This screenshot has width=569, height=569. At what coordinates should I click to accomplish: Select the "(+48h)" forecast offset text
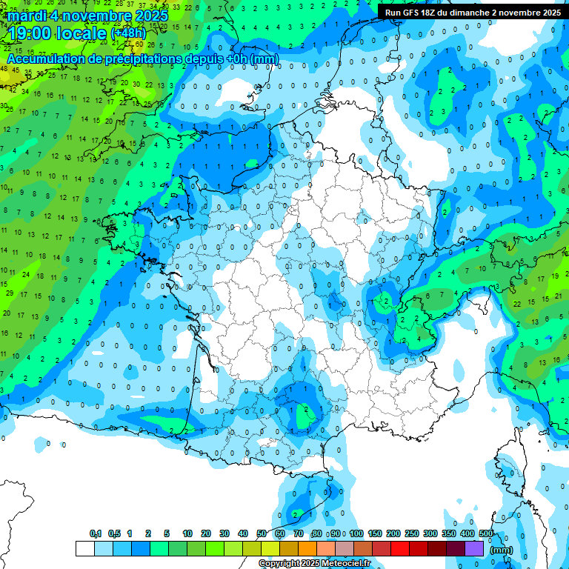[129, 33]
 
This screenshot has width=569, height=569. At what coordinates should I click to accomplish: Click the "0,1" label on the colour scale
[96, 534]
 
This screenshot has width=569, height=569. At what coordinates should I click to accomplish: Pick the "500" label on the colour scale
[486, 534]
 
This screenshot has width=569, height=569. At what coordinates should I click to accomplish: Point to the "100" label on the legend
[356, 534]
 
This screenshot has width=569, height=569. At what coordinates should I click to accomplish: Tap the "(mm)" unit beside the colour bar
[502, 550]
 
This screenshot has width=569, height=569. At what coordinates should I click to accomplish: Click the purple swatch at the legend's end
[475, 548]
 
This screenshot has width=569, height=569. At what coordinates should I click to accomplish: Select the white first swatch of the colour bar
[84, 548]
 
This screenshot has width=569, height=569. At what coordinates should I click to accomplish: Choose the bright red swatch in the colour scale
[400, 548]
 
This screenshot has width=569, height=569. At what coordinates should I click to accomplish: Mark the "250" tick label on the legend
[412, 534]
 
